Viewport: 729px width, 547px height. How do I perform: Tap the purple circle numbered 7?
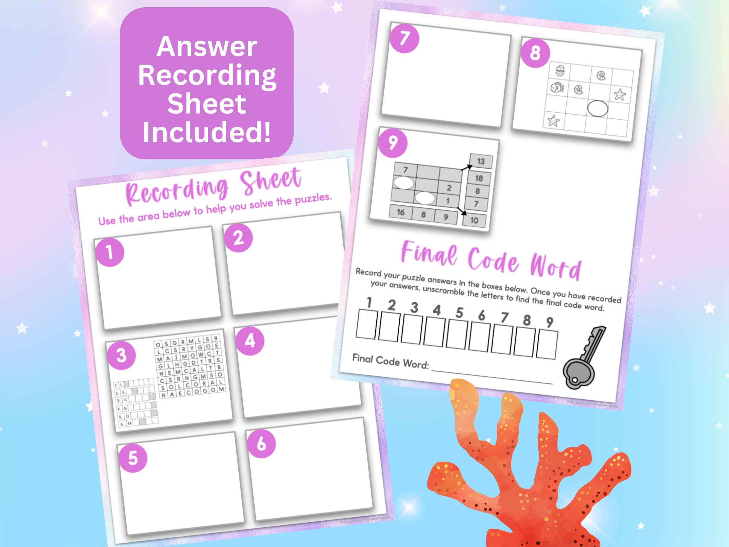(404, 38)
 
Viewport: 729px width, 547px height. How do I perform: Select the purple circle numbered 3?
(121, 356)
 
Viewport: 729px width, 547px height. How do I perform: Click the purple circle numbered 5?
(133, 458)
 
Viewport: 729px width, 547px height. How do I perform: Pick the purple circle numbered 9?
(393, 143)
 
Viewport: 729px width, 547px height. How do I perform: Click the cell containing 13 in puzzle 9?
(481, 161)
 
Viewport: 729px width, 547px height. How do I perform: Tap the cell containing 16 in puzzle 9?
(400, 212)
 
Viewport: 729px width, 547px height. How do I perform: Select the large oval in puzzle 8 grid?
(598, 109)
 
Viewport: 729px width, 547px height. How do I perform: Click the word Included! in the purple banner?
(207, 132)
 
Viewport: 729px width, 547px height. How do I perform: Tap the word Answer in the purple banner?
(207, 47)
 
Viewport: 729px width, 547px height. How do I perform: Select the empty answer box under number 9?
(547, 345)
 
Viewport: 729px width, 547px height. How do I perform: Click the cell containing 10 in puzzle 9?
(474, 220)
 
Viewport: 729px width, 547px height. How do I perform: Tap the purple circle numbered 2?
(238, 238)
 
